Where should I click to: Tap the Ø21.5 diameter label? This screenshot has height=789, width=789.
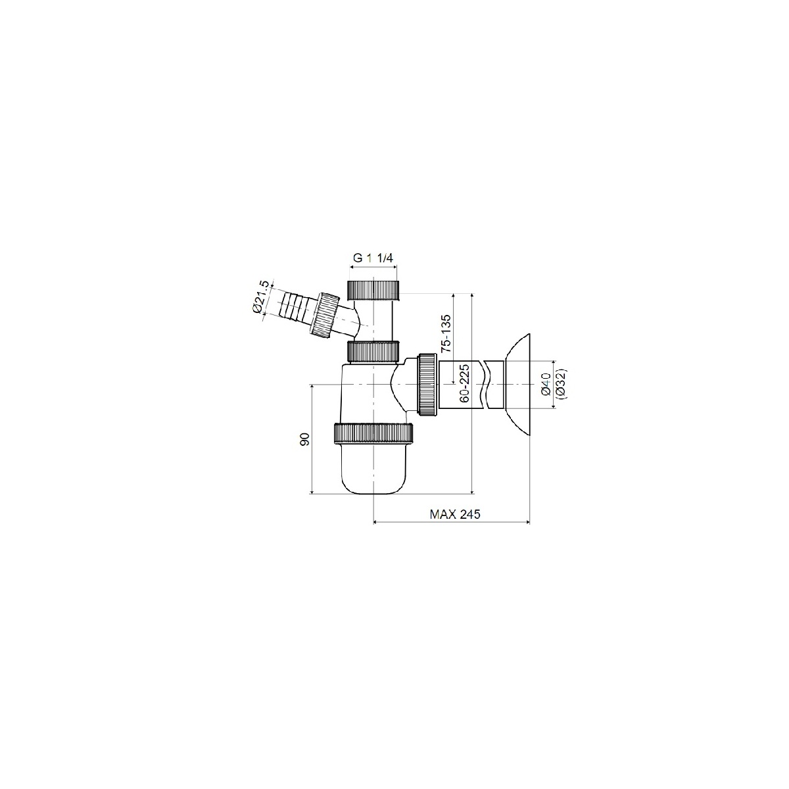[x=261, y=297]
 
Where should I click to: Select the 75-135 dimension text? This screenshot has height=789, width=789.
[x=446, y=333]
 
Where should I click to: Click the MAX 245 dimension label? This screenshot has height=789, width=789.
[x=454, y=514]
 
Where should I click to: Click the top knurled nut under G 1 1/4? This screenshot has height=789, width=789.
[x=373, y=290]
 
